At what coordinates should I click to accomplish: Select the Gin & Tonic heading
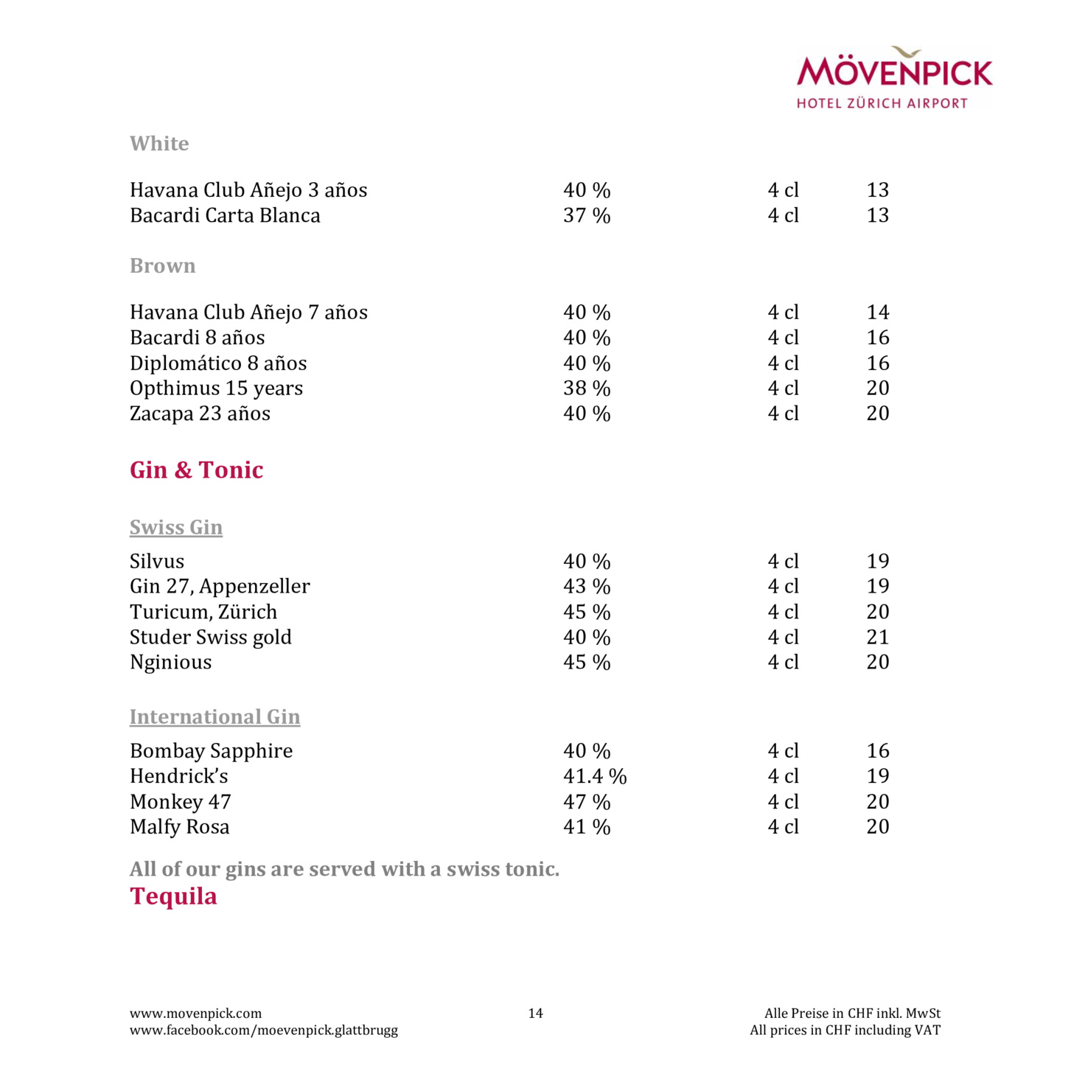tap(196, 470)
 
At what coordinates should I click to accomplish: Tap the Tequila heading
tap(173, 896)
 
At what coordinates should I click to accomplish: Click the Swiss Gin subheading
tap(176, 527)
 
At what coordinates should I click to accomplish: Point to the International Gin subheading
tap(214, 716)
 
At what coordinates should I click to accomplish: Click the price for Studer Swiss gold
tap(877, 637)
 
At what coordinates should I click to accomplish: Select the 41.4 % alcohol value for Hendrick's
tap(594, 776)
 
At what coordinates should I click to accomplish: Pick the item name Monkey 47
tap(181, 801)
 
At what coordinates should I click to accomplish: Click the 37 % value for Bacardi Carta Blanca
tap(587, 215)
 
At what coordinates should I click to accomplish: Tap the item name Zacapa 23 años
tap(200, 414)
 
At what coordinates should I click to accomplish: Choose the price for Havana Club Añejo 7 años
tap(877, 313)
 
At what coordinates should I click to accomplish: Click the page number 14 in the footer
tap(535, 1014)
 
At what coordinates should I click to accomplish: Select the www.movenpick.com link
tap(195, 1014)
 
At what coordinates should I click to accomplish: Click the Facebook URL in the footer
tap(263, 1030)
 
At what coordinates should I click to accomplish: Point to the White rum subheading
tap(159, 143)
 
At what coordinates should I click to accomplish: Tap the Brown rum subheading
tap(162, 265)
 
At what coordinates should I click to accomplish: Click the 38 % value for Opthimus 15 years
tap(587, 388)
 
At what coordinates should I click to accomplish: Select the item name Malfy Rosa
tap(179, 827)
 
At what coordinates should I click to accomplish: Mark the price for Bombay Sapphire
tap(877, 751)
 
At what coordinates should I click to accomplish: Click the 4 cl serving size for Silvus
tap(783, 562)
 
